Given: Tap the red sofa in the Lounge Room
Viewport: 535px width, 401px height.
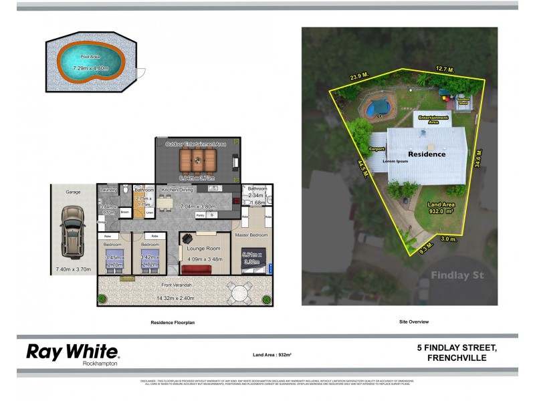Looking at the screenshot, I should point(196,270).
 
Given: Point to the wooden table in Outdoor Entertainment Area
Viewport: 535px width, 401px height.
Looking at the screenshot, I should point(198,160).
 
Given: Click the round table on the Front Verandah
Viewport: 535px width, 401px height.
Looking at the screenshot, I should point(239,291).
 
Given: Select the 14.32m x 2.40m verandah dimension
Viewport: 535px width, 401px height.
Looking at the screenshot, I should point(185,298).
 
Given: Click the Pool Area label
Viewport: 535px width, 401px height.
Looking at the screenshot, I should point(90,57).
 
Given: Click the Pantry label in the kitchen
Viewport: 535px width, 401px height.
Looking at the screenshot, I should point(200,215).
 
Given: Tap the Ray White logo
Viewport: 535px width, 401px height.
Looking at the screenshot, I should point(72,353).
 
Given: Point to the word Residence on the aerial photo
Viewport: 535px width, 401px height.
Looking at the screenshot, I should point(426,154).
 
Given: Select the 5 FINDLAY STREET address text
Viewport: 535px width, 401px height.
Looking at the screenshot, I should point(456,348).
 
